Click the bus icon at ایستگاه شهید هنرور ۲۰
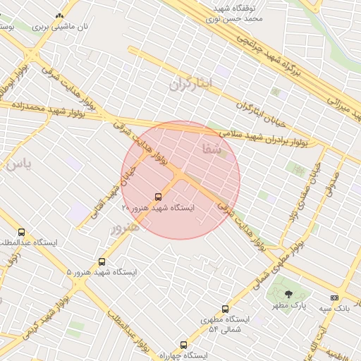158,197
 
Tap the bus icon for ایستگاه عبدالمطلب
21,232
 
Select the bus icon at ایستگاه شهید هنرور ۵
102,262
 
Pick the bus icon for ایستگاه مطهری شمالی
226,309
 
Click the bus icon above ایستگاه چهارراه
184,345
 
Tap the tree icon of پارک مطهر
288,294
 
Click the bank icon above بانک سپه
334,298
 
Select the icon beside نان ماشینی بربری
59,15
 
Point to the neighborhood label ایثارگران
190,84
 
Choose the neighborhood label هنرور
125,227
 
